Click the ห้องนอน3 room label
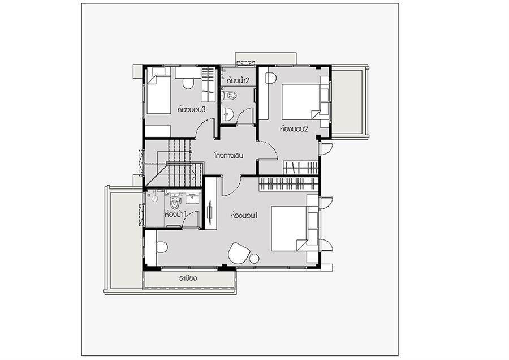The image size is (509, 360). tap(192, 109)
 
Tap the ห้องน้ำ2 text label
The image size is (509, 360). tap(239, 80)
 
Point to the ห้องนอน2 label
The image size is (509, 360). tap(294, 129)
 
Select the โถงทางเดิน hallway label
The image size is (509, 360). tap(229, 155)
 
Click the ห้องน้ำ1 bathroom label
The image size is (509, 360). tap(176, 215)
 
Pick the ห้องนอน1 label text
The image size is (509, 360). tap(244, 215)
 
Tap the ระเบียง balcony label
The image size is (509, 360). tap(188, 278)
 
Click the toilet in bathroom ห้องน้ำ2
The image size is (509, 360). tap(230, 96)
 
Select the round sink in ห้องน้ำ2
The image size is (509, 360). tap(229, 114)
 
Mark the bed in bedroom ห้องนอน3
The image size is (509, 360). tap(158, 94)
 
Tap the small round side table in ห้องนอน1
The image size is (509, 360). tap(254, 259)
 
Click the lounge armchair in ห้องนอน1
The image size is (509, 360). tap(239, 253)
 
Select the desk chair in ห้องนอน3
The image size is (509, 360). tap(188, 84)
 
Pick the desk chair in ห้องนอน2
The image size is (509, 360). tap(271, 78)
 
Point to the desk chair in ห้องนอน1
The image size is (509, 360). tap(162, 247)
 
